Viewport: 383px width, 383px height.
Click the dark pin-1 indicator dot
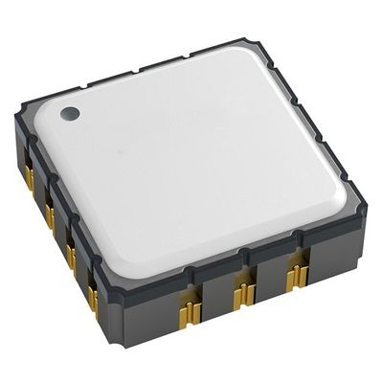(x=70, y=114)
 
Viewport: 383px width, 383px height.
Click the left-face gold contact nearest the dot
(x=29, y=176)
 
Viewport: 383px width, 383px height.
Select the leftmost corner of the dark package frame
(x=16, y=120)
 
